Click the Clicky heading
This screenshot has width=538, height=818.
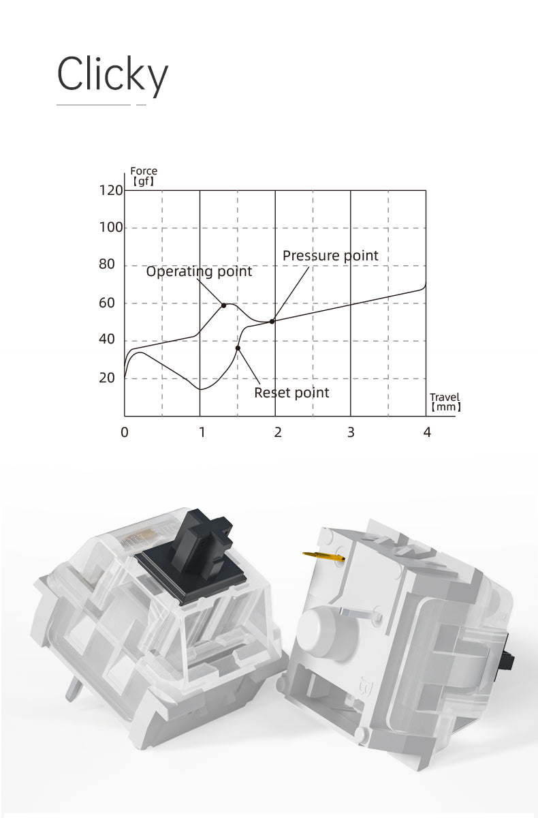tap(112, 76)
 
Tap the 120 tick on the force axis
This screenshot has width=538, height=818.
tap(111, 190)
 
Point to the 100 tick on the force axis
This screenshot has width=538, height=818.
tap(111, 228)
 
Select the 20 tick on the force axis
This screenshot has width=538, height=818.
tap(107, 378)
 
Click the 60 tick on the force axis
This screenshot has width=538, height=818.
tap(107, 303)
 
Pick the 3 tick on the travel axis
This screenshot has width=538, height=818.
tap(351, 432)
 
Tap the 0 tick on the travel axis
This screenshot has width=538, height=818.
tap(125, 432)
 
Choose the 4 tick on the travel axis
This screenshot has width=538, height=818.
tap(427, 432)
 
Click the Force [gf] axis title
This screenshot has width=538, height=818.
tap(144, 176)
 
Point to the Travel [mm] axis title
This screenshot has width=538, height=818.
tap(445, 402)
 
